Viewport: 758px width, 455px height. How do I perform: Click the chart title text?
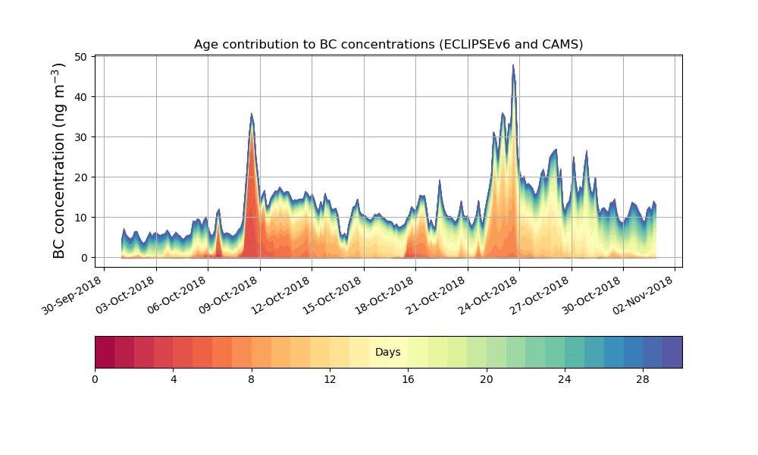click(x=388, y=44)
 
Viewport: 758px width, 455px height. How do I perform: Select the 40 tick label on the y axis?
click(x=80, y=96)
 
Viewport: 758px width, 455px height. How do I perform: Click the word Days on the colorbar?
click(x=387, y=353)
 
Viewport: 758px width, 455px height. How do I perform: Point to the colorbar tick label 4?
click(x=173, y=379)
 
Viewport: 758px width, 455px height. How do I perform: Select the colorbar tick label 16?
click(x=408, y=379)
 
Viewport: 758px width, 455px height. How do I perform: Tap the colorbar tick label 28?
click(x=643, y=379)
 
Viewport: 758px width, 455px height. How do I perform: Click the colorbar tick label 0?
click(x=95, y=379)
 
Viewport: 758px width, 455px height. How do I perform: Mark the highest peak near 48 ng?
click(x=513, y=65)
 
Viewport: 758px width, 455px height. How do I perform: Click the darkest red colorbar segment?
click(x=105, y=352)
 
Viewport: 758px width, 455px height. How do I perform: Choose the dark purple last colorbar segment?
click(x=672, y=352)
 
